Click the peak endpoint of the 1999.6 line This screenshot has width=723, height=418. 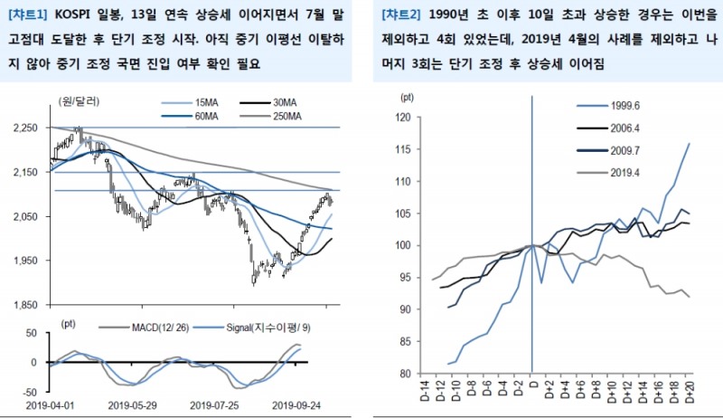pyautogui.click(x=690, y=143)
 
